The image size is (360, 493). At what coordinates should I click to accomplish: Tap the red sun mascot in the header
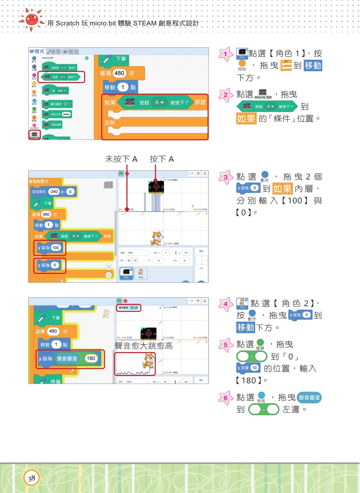31,19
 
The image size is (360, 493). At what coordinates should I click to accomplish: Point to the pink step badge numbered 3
225,177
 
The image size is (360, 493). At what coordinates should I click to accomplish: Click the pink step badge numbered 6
225,397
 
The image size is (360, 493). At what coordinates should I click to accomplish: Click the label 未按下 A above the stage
121,159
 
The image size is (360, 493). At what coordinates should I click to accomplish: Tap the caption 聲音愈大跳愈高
143,346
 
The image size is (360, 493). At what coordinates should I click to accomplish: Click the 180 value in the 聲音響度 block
91,359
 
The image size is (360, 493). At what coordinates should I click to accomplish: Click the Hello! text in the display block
66,114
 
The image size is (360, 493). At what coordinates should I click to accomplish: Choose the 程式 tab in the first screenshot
37,52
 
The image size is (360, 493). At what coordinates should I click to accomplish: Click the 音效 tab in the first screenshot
71,52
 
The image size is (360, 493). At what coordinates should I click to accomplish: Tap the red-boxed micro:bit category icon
34,135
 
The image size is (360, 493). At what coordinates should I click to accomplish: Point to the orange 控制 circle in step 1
242,64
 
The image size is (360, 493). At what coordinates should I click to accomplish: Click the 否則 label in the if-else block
110,122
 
